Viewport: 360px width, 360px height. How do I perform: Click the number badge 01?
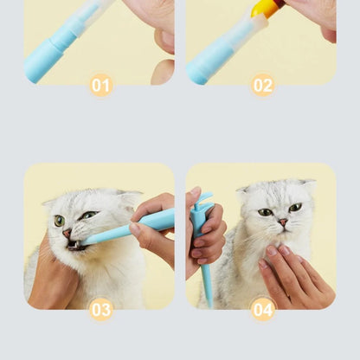101,85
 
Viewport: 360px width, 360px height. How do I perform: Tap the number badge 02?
262,85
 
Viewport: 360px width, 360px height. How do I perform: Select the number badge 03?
101,309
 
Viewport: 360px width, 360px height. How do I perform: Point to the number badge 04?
262,309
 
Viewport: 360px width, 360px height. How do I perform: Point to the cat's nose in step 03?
67,232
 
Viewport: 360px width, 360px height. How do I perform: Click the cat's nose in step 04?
282,223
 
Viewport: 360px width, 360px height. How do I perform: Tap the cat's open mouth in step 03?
74,245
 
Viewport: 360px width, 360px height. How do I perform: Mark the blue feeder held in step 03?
121,229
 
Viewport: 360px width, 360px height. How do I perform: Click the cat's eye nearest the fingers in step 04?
295,208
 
